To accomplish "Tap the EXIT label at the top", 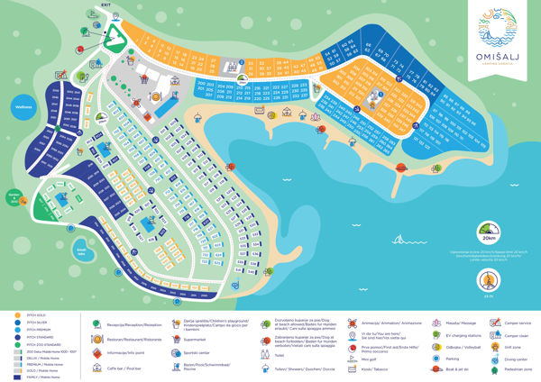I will click(106, 5).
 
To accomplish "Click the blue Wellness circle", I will click(23, 106).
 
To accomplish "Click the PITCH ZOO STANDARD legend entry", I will click(41, 343).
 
